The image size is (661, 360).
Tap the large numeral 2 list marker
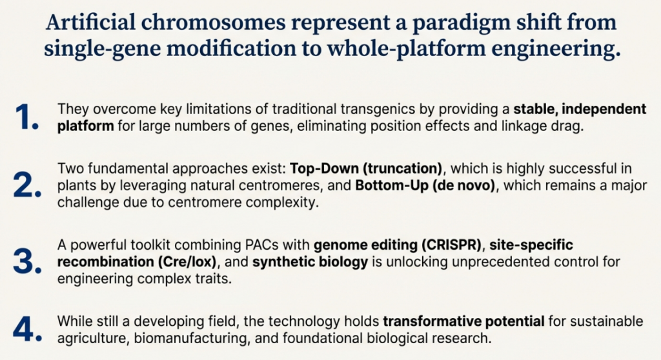pyautogui.click(x=27, y=185)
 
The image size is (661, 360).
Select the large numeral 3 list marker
pyautogui.click(x=27, y=262)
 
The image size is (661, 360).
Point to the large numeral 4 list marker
pyautogui.click(x=27, y=329)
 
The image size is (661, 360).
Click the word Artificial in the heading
pyautogui.click(x=90, y=22)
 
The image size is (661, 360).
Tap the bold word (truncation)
pyautogui.click(x=403, y=168)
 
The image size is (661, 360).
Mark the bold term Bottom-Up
pyautogui.click(x=388, y=185)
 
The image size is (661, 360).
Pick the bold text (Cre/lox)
pyautogui.click(x=188, y=262)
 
